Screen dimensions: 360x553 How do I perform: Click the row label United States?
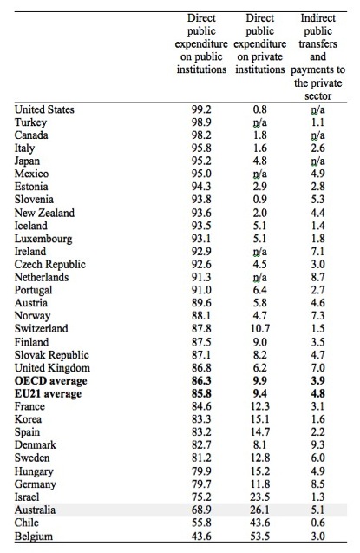(x=44, y=109)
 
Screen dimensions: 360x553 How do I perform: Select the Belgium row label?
(x=34, y=537)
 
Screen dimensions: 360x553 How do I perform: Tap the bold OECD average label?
(x=50, y=381)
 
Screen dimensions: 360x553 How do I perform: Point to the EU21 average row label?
(x=48, y=393)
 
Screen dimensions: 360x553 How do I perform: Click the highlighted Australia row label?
(x=35, y=510)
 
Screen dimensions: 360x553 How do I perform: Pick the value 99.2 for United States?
(x=201, y=109)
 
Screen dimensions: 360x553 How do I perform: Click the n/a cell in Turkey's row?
(x=260, y=122)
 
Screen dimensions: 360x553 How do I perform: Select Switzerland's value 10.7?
(x=260, y=329)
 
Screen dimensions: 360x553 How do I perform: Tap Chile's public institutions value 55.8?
(x=201, y=523)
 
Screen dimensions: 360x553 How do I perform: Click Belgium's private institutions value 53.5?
(x=260, y=537)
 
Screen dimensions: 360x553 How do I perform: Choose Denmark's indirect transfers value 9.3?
(x=317, y=445)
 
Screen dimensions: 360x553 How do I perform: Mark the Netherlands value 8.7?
(x=317, y=277)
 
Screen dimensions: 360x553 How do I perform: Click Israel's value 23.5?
(x=260, y=497)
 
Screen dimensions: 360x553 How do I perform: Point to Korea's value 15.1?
(x=260, y=419)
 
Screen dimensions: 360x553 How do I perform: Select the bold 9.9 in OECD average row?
(x=260, y=381)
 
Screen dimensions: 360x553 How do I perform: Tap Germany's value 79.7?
(x=201, y=484)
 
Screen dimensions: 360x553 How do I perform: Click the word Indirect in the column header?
(x=317, y=18)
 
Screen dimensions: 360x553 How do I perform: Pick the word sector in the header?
(x=317, y=96)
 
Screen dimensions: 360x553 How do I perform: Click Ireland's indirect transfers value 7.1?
(x=317, y=252)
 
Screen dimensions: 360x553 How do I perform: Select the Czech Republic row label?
(x=50, y=265)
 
